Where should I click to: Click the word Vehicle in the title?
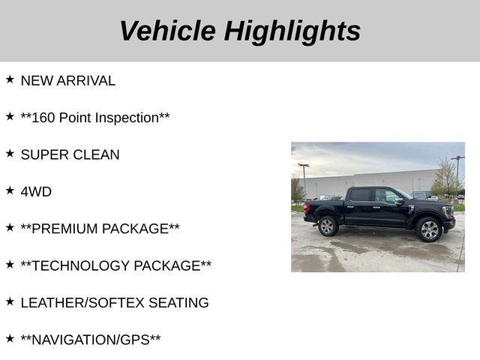168,31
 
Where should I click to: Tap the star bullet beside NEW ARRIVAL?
10,79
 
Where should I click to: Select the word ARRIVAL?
86,81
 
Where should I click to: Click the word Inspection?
127,118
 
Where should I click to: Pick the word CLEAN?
96,155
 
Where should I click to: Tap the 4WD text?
36,192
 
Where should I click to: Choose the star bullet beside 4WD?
10,190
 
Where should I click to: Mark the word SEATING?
178,303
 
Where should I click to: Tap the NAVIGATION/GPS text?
91,340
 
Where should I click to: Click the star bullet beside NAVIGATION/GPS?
10,338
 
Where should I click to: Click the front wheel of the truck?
429,229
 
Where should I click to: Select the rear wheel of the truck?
328,226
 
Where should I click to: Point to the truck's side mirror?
400,202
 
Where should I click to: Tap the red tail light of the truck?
307,208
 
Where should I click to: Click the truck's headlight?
448,211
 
